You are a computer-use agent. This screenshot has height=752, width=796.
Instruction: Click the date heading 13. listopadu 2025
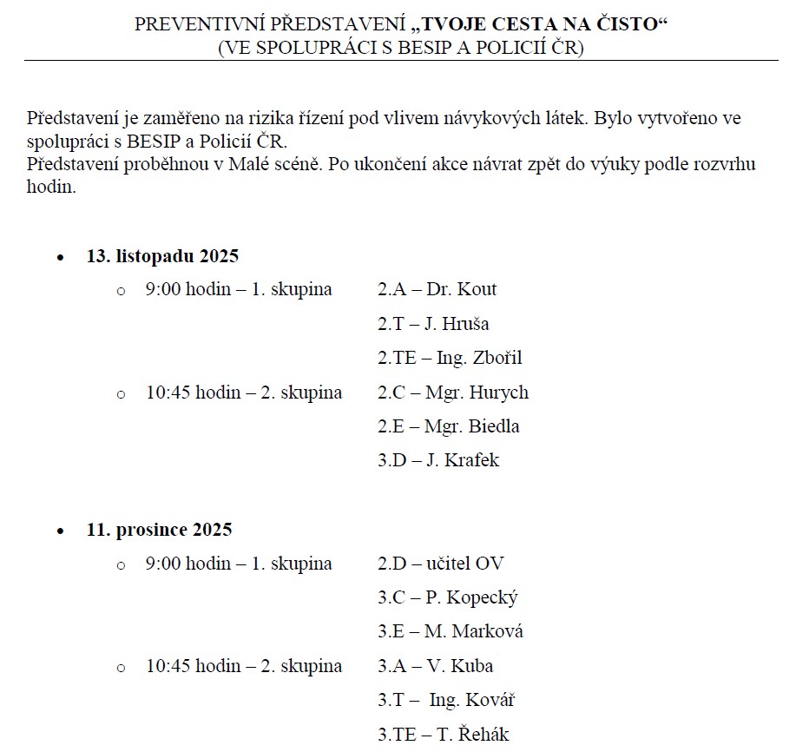[162, 256]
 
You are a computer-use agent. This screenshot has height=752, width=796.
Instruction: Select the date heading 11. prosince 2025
[159, 530]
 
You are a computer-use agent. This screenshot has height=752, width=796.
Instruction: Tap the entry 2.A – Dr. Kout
[437, 290]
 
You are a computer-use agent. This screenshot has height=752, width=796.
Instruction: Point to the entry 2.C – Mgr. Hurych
[452, 392]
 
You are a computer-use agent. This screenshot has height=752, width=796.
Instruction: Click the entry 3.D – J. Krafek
[437, 460]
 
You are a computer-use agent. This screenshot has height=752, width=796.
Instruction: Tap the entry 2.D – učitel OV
[440, 564]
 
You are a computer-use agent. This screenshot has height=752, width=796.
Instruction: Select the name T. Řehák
[472, 735]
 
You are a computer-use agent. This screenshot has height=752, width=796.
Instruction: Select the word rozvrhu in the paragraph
[727, 164]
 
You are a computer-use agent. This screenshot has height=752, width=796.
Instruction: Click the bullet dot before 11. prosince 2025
[60, 531]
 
